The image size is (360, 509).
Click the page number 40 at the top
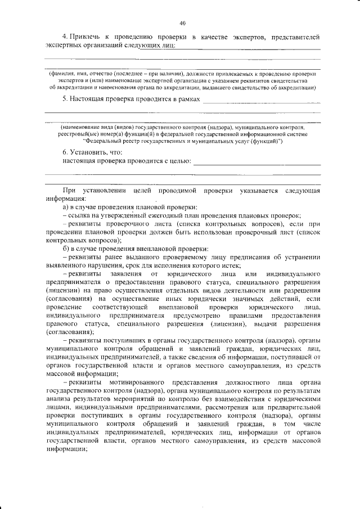(x=182, y=23)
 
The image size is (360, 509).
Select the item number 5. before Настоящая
(x=65, y=99)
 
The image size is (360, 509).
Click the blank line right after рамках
(x=261, y=101)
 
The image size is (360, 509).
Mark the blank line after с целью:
(x=256, y=163)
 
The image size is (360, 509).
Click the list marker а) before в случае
(x=65, y=208)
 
